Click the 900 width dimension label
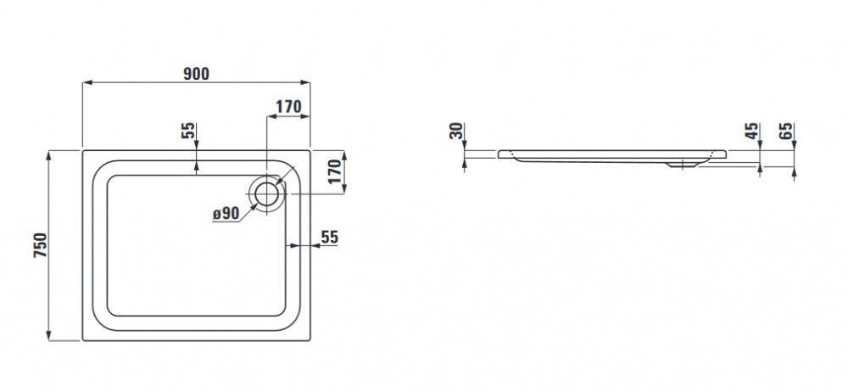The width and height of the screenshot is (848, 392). tap(195, 74)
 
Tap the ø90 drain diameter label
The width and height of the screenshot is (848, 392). tap(226, 215)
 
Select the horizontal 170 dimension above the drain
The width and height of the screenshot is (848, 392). tap(288, 107)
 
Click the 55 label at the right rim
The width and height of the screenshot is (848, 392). tap(330, 238)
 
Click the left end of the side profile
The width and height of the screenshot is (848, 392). tap(500, 154)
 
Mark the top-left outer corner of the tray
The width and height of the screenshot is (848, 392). tap(82, 151)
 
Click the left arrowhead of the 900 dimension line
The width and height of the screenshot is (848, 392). tap(85, 83)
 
